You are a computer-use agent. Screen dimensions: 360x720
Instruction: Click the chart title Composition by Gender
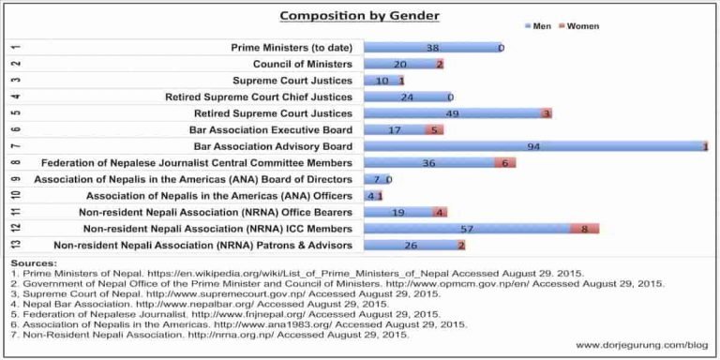[x=359, y=16]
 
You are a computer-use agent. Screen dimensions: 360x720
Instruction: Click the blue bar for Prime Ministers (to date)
[x=431, y=47]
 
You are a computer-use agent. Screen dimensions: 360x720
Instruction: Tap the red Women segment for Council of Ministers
[x=439, y=64]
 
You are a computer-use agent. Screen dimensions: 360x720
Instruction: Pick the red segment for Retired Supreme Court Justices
[x=547, y=113]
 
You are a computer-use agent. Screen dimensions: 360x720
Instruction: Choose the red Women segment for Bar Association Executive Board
[x=433, y=129]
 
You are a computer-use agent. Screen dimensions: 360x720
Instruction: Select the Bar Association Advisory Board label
[x=273, y=146]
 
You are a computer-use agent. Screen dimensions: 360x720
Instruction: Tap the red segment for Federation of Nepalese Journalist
[x=504, y=163]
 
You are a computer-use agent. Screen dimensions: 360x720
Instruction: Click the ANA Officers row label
[x=219, y=196]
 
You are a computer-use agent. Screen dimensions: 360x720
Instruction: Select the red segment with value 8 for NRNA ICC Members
[x=584, y=229]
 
